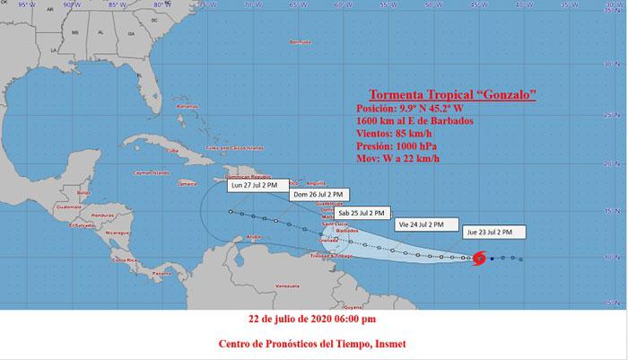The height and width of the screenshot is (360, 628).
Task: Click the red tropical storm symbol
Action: tap(479, 259)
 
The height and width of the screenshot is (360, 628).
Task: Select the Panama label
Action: tap(162, 272)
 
